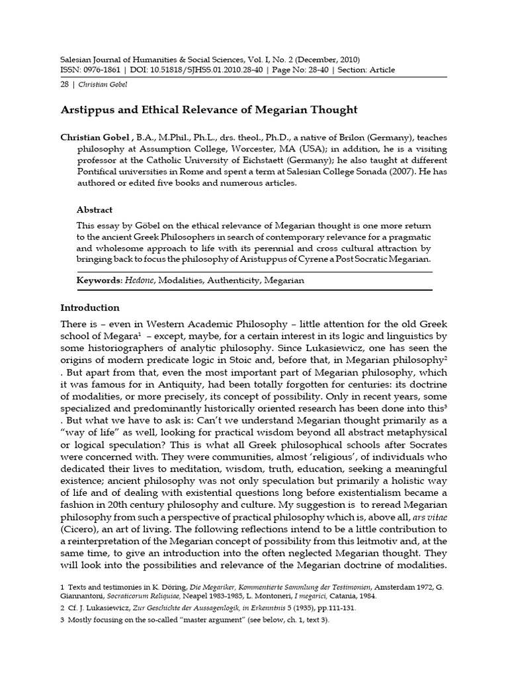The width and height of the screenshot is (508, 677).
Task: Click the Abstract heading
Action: [95, 210]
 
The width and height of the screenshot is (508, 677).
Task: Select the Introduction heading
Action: [90, 307]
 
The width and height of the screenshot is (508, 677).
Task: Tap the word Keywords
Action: [98, 280]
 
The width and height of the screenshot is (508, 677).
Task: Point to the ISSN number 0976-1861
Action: [98, 70]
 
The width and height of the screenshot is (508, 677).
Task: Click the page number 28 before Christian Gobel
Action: [65, 85]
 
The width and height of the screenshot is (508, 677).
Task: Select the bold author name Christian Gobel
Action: [96, 138]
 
